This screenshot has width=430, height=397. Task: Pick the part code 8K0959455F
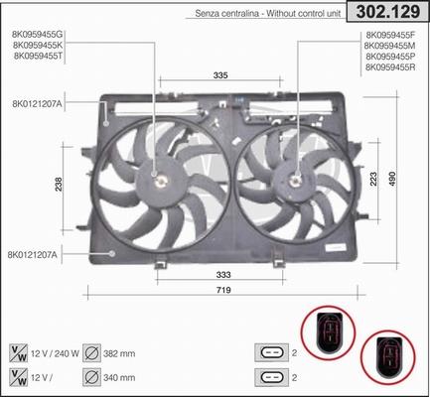point(392,36)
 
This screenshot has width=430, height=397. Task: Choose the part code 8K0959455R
point(392,66)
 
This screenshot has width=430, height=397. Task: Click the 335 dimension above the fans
point(220,74)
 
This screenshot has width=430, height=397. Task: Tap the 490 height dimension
point(419,176)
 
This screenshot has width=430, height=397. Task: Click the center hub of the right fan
point(295,180)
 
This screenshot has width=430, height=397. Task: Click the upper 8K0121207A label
point(38,102)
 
